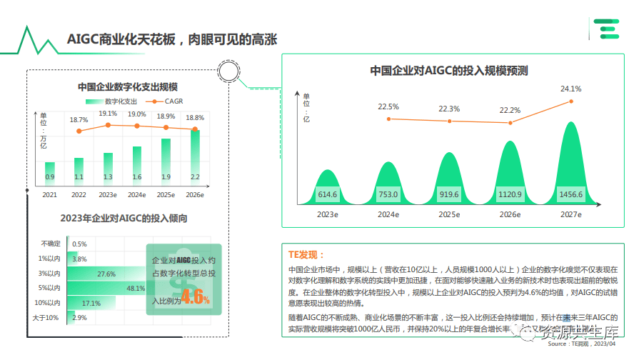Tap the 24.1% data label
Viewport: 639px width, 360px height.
tap(570, 89)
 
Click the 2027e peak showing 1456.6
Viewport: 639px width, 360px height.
tap(570, 164)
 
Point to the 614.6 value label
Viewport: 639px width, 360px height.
tap(327, 194)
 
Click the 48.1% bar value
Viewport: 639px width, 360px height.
tap(136, 289)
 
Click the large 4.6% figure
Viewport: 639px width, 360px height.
tap(195, 298)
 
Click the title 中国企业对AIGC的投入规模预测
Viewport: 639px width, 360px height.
tap(448, 70)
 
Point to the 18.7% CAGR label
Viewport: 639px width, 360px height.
tap(79, 120)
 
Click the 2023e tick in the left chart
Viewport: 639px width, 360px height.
tap(108, 194)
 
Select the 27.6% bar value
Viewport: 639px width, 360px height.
tap(106, 274)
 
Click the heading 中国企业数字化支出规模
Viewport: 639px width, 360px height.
tap(128, 87)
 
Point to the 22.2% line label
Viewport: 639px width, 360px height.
tap(509, 110)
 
